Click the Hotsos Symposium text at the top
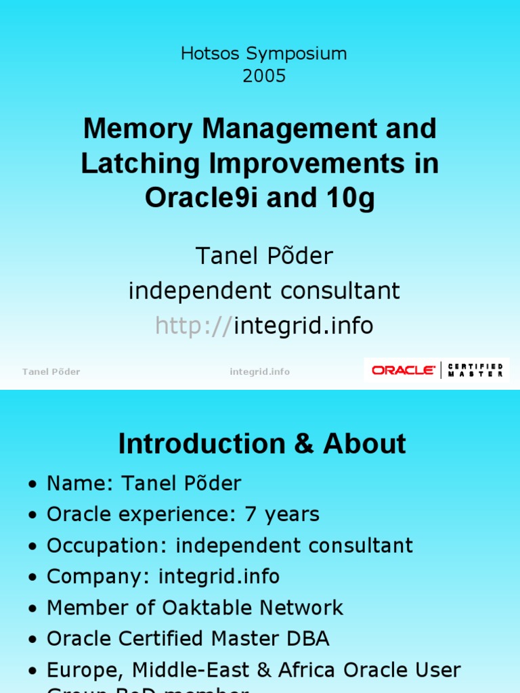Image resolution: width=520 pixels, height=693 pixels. click(x=263, y=54)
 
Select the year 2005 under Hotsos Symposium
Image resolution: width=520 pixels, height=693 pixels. click(x=264, y=76)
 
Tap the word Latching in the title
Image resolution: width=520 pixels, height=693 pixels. click(x=141, y=164)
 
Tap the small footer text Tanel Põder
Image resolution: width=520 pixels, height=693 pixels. click(x=51, y=372)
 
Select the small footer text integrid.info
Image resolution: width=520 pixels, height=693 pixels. click(x=259, y=372)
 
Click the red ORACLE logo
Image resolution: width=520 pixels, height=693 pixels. click(x=404, y=370)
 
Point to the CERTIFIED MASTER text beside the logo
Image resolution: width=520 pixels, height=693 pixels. click(x=477, y=370)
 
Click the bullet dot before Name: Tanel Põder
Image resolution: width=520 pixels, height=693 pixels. click(x=32, y=485)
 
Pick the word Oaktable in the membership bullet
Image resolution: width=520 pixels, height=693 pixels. click(x=206, y=608)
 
